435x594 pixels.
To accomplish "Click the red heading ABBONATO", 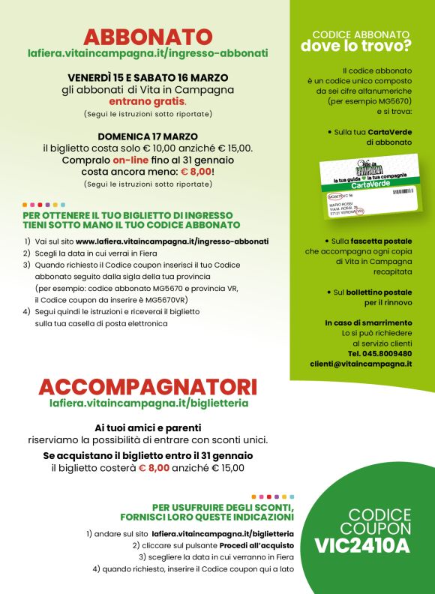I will [148, 37].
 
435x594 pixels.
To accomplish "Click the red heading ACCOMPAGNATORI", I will [148, 387].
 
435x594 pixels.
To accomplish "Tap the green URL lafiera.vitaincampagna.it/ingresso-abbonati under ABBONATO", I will [148, 54].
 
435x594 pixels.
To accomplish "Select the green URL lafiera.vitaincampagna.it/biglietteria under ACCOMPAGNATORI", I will [148, 403].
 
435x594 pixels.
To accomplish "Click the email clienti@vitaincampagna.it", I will [361, 364].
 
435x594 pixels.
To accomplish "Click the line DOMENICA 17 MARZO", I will [148, 136].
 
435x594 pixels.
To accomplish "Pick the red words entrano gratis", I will [147, 100].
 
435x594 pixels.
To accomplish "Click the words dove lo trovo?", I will [356, 46].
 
